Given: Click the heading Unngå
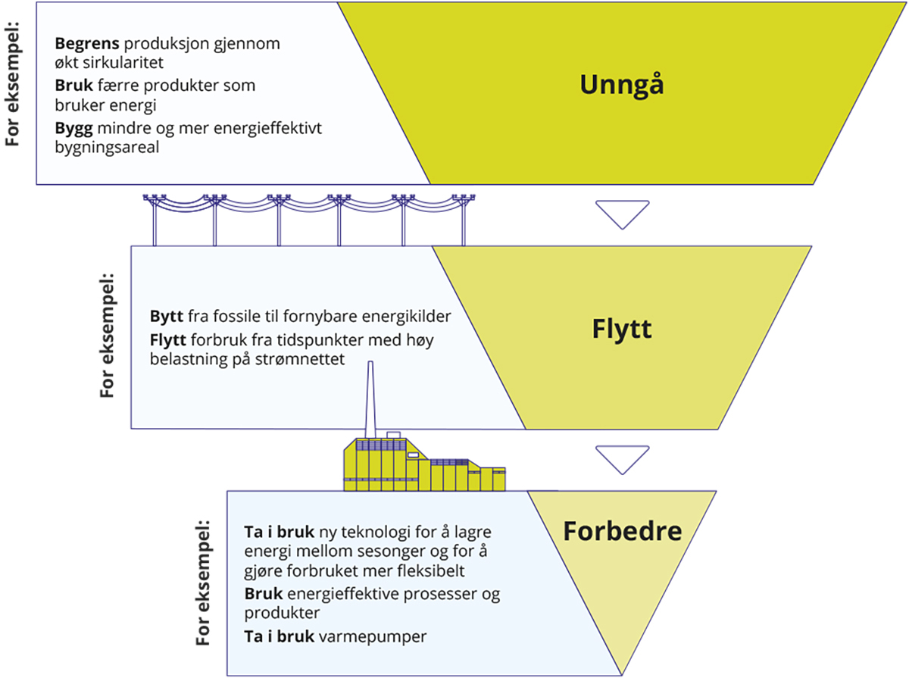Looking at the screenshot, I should (x=622, y=84).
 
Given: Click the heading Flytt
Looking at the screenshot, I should (x=622, y=330).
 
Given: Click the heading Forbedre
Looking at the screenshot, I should (x=622, y=531).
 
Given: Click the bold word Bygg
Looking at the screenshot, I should (x=73, y=129).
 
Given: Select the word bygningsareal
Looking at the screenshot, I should (x=107, y=148).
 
